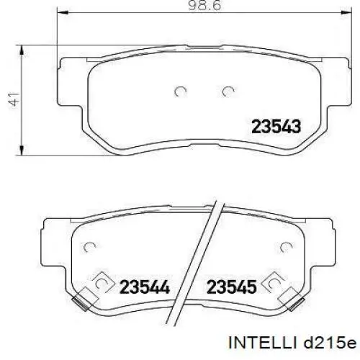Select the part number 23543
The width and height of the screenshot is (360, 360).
[276, 127]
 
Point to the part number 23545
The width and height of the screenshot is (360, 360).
[232, 287]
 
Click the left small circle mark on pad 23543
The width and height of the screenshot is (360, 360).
[181, 91]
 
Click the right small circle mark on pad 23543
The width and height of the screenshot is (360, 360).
[229, 91]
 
